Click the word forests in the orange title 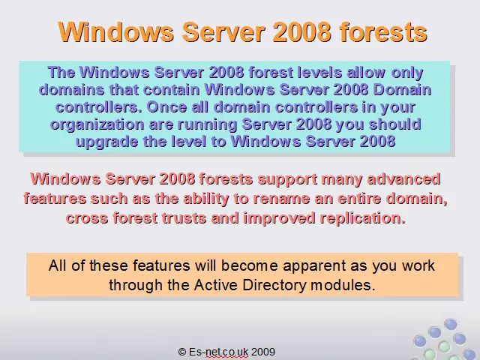(x=383, y=31)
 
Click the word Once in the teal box (x=165, y=107)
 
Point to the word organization (x=97, y=125)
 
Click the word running (x=207, y=125)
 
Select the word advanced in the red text (x=403, y=179)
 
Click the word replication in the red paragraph (x=363, y=218)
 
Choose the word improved (x=279, y=218)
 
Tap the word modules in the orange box (x=343, y=285)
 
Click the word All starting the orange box (x=58, y=265)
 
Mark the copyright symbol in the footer (x=181, y=352)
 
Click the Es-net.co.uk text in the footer (x=218, y=352)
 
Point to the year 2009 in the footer (x=263, y=352)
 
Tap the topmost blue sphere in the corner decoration (x=450, y=324)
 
